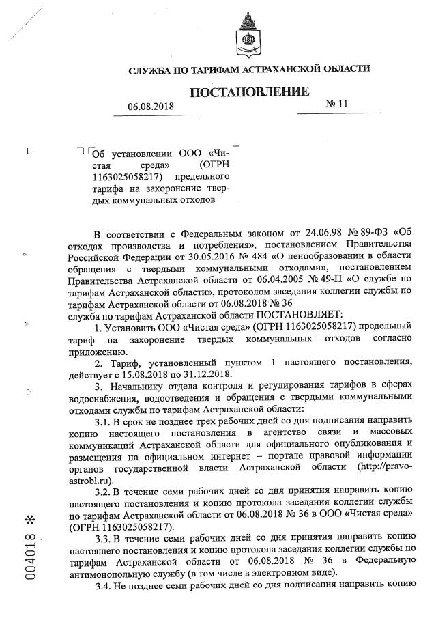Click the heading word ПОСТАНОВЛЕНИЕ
[248, 92]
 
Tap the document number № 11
[336, 104]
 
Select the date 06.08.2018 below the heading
[151, 107]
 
